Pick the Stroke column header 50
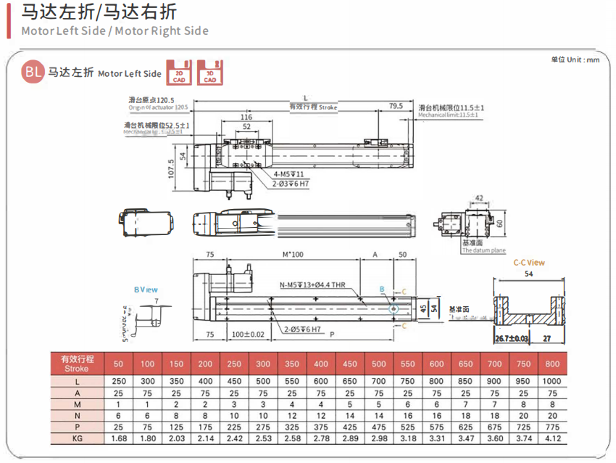pyautogui.click(x=119, y=363)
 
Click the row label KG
pyautogui.click(x=76, y=439)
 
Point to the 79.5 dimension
pyautogui.click(x=396, y=106)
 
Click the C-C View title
pyautogui.click(x=529, y=263)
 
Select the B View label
pyautogui.click(x=146, y=290)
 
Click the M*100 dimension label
pyautogui.click(x=292, y=255)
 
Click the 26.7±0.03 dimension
pyautogui.click(x=510, y=338)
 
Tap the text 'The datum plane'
pyautogui.click(x=484, y=251)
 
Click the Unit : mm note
pyautogui.click(x=575, y=60)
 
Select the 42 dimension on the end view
pyautogui.click(x=479, y=197)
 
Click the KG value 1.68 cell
pyautogui.click(x=119, y=439)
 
